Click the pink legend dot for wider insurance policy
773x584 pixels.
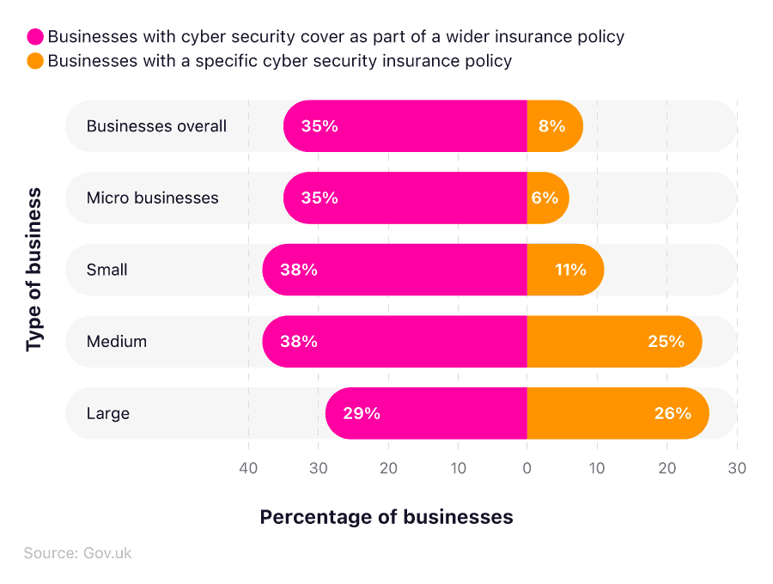(35, 37)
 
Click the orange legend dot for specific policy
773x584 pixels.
(35, 61)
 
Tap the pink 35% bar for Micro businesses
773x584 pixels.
(404, 198)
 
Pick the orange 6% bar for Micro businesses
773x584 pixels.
(546, 198)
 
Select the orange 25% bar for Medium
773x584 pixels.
(613, 341)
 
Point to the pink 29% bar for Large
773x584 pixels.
(425, 413)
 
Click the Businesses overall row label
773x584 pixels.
(156, 126)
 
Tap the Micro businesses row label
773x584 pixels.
(152, 198)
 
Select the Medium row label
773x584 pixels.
(117, 341)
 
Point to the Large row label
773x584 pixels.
(108, 413)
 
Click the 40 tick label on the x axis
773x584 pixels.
(248, 468)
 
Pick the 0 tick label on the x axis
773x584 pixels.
(526, 468)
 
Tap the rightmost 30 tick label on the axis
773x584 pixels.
(736, 468)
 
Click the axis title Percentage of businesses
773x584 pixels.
(386, 517)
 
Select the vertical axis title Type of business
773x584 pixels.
(34, 270)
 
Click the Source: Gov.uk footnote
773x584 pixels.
(77, 553)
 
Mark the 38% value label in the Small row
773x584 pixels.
(299, 270)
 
